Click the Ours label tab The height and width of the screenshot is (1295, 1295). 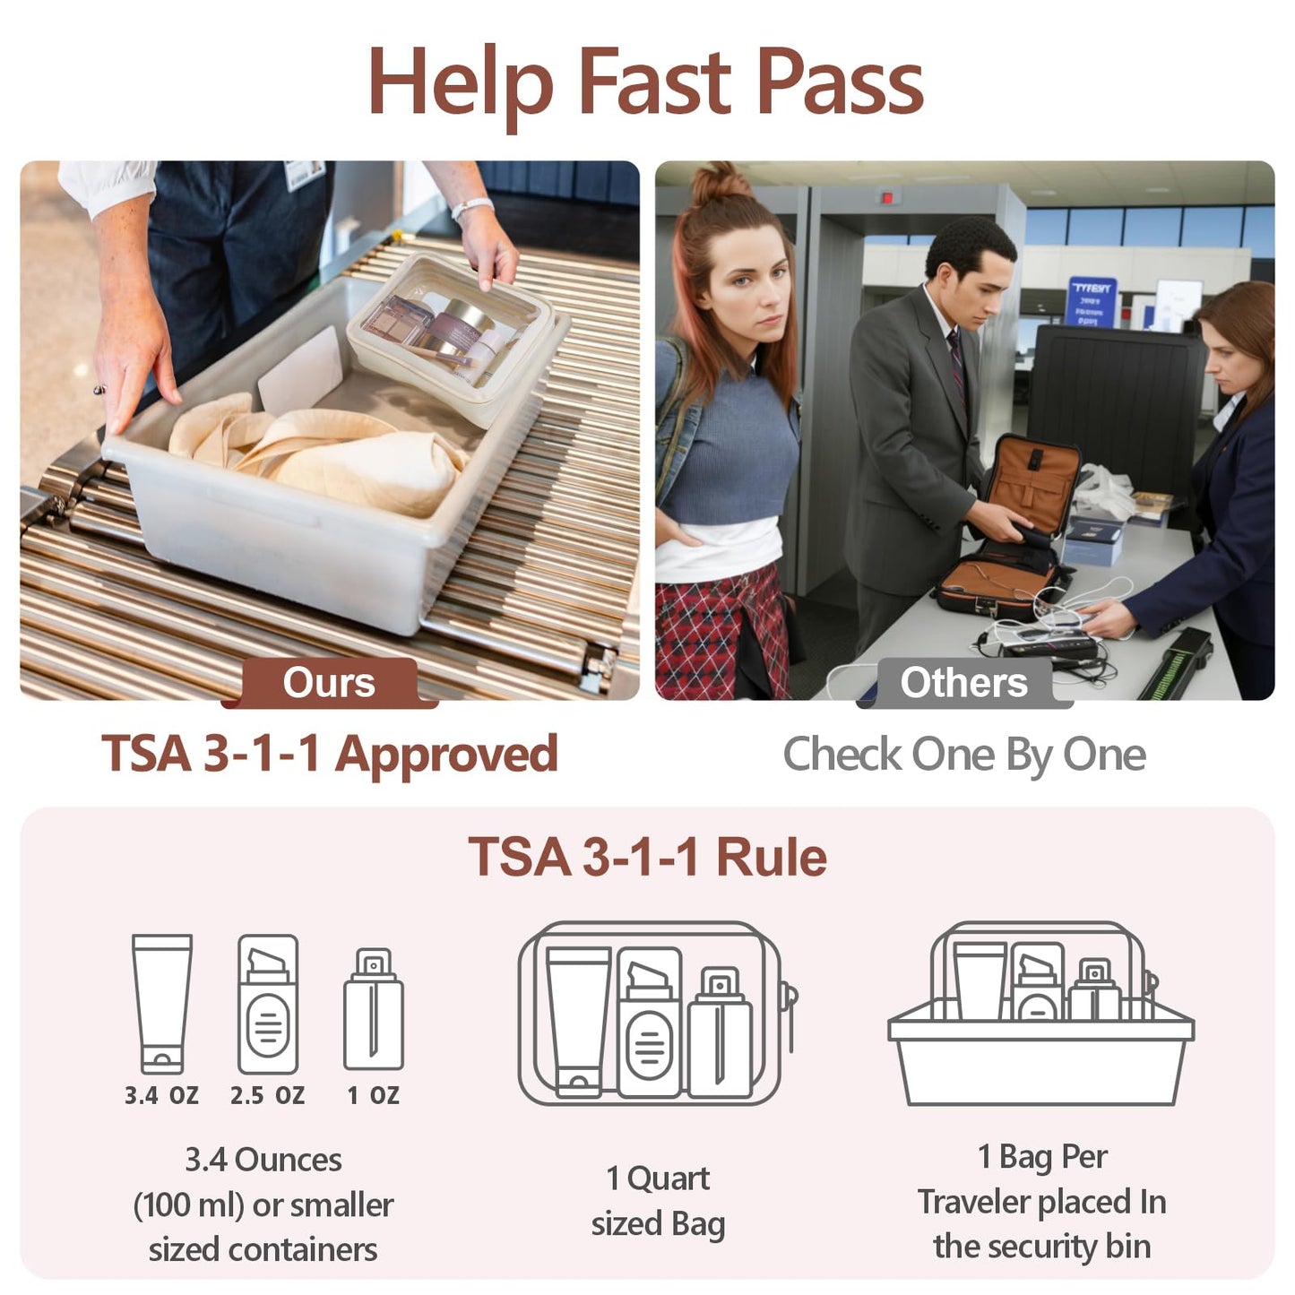pyautogui.click(x=329, y=683)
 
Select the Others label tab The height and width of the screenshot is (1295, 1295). pyautogui.click(x=963, y=683)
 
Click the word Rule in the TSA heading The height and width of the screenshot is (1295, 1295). pyautogui.click(x=771, y=858)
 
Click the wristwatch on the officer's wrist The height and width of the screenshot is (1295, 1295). pyautogui.click(x=471, y=206)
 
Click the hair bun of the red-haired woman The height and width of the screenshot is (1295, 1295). pyautogui.click(x=719, y=180)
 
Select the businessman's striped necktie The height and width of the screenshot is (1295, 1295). pyautogui.click(x=958, y=366)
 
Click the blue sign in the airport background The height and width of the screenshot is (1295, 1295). pyautogui.click(x=1091, y=302)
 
